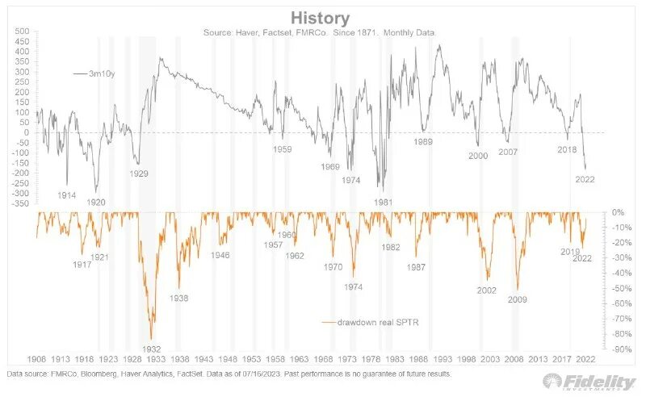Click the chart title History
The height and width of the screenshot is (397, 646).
[321, 17]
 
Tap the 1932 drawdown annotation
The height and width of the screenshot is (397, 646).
[152, 349]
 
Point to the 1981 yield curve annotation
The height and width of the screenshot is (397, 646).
[384, 202]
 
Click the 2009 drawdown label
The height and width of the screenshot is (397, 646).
[517, 300]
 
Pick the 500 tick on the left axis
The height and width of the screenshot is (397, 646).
[22, 31]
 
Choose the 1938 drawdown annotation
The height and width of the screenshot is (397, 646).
[179, 298]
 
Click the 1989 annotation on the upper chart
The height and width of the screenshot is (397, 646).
[422, 142]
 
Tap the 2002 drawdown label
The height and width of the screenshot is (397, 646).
[486, 290]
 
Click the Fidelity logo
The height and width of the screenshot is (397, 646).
[591, 381]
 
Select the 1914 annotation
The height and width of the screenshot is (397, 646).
[67, 195]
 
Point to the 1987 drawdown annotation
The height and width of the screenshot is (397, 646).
[417, 266]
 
